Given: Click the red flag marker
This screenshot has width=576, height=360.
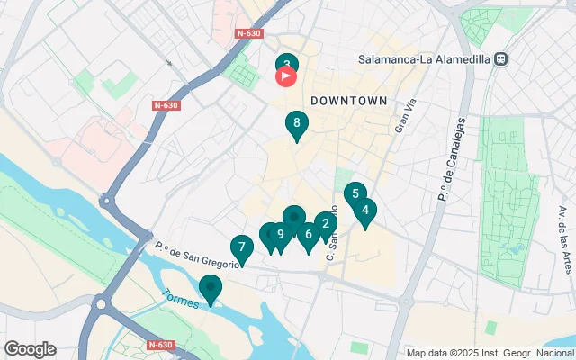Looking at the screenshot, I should click(x=285, y=76).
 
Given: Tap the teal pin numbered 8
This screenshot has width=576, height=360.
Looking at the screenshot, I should click(x=295, y=124).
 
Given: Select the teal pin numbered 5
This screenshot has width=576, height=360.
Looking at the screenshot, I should click(x=355, y=194).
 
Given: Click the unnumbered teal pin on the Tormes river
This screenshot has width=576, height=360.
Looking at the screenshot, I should click(x=211, y=289).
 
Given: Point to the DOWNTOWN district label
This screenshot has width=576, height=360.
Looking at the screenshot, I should click(x=349, y=101).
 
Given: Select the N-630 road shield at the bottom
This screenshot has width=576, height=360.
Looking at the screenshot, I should click(x=160, y=345).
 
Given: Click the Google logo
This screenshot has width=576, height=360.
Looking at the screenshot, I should click(x=29, y=349).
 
